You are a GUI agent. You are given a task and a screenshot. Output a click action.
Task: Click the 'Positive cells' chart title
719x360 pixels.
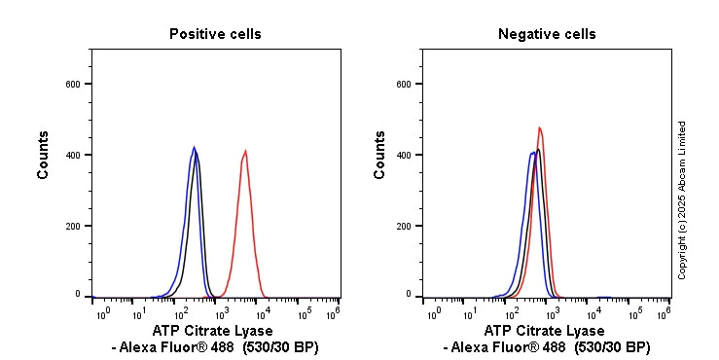click(215, 34)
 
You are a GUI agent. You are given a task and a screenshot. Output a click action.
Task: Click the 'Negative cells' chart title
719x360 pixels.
click(547, 34)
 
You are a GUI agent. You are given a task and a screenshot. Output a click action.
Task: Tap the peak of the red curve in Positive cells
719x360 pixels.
click(245, 151)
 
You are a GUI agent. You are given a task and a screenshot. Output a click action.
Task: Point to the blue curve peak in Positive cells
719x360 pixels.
click(194, 148)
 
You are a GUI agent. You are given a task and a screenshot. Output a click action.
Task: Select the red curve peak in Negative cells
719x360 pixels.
click(539, 127)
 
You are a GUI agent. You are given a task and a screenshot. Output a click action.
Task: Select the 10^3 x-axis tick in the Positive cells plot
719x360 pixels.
click(221, 313)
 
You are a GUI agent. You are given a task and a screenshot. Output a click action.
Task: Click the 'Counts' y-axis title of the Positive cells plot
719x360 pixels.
click(44, 154)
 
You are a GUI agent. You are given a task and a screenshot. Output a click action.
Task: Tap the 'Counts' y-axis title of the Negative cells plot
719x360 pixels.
click(379, 154)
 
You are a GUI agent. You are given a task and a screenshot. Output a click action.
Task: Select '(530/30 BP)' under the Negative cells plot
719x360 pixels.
click(612, 347)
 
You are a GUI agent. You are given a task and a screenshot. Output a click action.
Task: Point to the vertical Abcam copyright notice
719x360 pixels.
click(683, 199)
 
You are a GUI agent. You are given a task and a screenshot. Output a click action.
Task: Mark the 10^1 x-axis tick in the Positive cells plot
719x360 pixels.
click(139, 313)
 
